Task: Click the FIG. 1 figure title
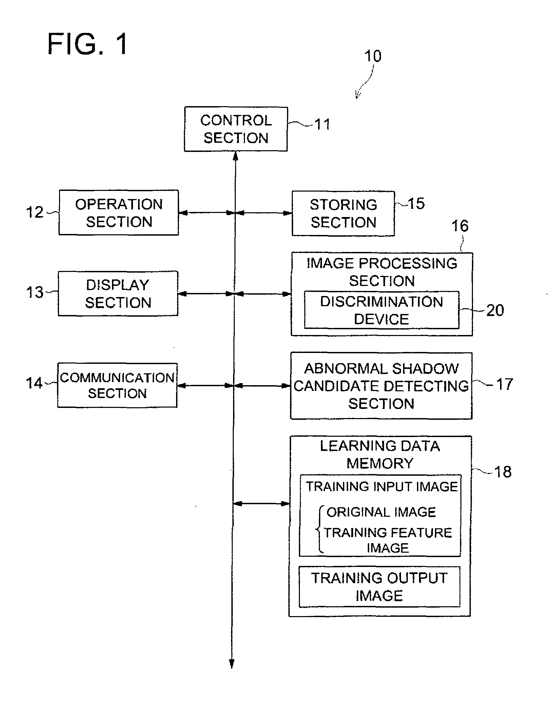[88, 44]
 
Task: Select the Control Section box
[236, 129]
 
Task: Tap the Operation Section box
[119, 213]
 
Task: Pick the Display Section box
[118, 294]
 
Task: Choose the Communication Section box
[117, 385]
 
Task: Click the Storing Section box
[343, 213]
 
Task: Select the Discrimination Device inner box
[382, 310]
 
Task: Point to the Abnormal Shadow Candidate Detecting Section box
[381, 386]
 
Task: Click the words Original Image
[381, 512]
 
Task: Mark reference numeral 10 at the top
[373, 56]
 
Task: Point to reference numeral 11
[323, 124]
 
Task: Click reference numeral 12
[35, 213]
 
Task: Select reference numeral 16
[460, 226]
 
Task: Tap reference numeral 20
[495, 310]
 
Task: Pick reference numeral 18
[503, 472]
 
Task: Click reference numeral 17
[504, 385]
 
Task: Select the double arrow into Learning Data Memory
[261, 504]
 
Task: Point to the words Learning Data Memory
[380, 455]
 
